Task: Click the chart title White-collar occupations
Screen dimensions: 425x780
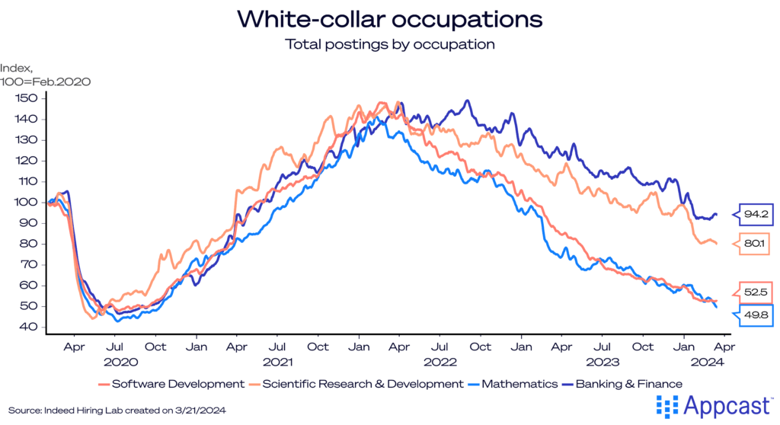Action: (x=389, y=18)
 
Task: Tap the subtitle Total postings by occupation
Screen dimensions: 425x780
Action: (x=390, y=44)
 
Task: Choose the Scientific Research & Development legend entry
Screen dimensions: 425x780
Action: (x=358, y=384)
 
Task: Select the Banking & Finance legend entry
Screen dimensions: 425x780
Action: (x=625, y=384)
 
